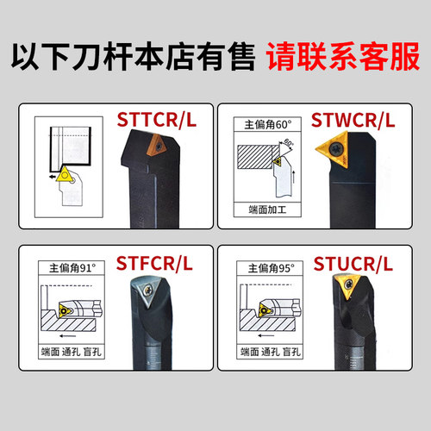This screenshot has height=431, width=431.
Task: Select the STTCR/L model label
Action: [157, 122]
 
